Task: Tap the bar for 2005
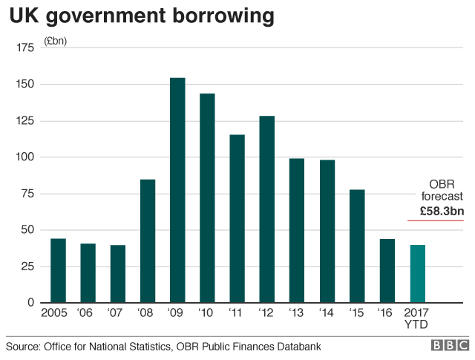[x=58, y=270]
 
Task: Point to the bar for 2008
[x=148, y=240]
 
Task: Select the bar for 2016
[x=387, y=270]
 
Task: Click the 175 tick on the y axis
[x=24, y=48]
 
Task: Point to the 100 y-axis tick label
[x=24, y=157]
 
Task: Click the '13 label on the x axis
[x=297, y=313]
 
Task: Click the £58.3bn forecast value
[x=442, y=211]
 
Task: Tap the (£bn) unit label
[x=56, y=41]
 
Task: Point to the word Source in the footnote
[x=23, y=347]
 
